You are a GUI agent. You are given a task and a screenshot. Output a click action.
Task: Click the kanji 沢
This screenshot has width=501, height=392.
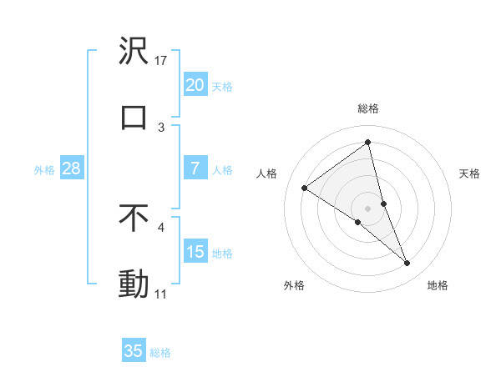point(134,52)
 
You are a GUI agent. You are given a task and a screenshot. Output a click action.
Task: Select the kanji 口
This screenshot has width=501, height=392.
point(134,118)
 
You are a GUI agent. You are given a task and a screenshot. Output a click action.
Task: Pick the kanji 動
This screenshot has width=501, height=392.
point(134,284)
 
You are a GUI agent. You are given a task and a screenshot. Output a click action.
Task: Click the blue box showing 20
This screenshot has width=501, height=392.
point(195,85)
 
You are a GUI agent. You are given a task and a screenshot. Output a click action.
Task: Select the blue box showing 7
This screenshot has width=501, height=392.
point(195,168)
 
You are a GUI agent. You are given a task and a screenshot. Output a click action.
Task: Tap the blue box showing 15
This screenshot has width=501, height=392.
point(195,252)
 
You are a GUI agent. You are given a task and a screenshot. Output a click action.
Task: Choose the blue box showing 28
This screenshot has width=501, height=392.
point(71,168)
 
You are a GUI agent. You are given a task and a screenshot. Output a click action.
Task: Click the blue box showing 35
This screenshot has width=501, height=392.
point(134,351)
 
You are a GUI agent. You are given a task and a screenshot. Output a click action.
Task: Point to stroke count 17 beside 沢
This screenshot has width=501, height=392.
point(161,61)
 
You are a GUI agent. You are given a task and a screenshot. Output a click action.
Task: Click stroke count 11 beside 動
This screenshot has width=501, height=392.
point(161,294)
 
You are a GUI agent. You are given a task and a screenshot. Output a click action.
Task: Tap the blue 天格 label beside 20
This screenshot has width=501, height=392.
point(222,86)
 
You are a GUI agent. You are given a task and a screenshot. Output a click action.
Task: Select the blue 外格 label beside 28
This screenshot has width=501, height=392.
point(44,169)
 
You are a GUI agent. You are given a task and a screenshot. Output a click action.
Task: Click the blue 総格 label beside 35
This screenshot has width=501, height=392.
point(161,353)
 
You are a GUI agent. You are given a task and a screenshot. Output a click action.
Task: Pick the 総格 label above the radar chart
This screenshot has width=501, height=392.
point(368,108)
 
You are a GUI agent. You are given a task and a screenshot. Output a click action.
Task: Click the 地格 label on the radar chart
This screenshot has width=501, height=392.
point(438,285)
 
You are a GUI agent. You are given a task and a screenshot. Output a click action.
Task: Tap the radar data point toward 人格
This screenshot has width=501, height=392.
point(305,188)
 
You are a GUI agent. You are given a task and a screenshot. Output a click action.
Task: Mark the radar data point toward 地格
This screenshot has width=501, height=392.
point(407,264)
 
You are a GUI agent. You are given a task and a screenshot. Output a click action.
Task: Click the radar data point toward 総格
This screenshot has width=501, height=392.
point(368,143)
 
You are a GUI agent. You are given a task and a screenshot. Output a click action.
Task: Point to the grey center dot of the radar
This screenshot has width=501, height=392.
point(368,208)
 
